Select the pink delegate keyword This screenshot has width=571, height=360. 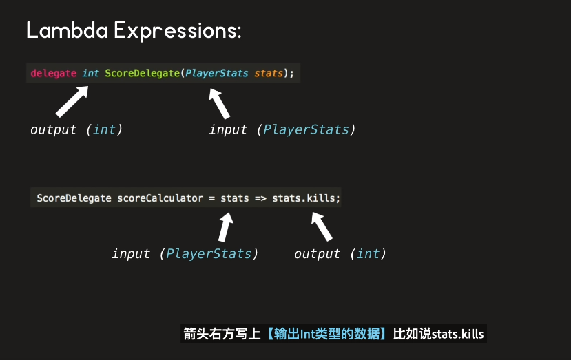point(53,73)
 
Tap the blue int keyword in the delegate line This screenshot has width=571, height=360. point(90,73)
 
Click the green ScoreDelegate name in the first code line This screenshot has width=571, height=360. point(142,73)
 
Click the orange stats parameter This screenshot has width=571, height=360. point(269,73)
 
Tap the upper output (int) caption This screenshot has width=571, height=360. point(76,129)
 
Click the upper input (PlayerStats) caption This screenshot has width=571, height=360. point(282,129)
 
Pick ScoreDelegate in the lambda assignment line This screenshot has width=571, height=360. point(74,198)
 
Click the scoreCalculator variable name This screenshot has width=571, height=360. point(160,198)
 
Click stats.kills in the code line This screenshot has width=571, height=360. point(306,198)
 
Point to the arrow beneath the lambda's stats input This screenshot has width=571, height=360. point(226,226)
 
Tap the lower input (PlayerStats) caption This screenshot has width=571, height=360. point(185,254)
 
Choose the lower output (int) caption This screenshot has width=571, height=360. point(340,254)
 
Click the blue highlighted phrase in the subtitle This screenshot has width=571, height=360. point(326,334)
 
